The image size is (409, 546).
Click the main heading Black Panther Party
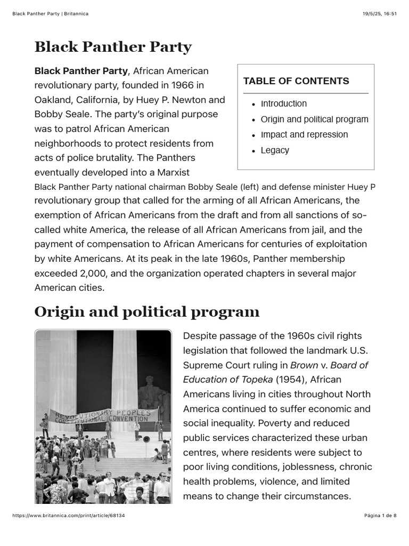[x=113, y=47]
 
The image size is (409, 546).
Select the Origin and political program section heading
[x=147, y=311]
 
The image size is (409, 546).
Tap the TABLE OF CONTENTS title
[x=296, y=81]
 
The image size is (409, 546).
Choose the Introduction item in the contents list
[x=283, y=103]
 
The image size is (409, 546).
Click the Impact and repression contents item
[x=304, y=134]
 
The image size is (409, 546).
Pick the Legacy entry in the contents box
[x=275, y=150]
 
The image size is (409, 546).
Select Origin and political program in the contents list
[x=314, y=119]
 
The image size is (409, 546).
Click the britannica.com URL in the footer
[x=68, y=516]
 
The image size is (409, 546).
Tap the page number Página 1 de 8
[x=380, y=516]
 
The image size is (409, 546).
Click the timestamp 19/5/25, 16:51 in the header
[x=379, y=13]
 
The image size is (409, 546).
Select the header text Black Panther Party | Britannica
[x=50, y=13]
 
